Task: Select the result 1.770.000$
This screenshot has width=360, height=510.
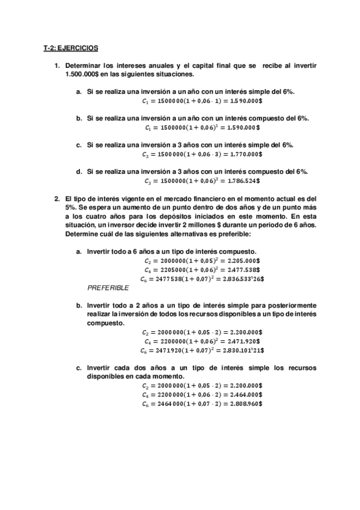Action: coord(243,154)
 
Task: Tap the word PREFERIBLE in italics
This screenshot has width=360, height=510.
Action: coord(108,288)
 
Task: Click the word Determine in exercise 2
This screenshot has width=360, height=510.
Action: coord(82,233)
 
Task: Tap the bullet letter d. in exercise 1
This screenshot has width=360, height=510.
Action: coord(79,171)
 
